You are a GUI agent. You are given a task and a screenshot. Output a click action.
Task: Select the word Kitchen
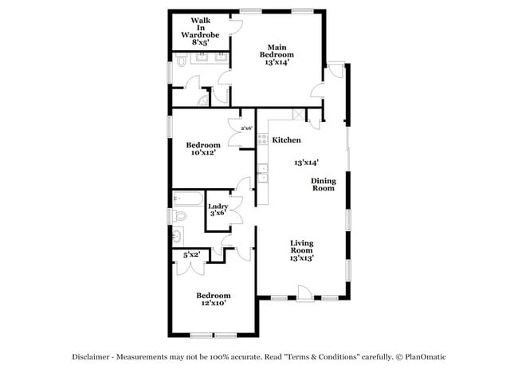286,140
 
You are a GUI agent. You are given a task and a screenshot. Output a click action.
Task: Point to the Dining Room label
323,184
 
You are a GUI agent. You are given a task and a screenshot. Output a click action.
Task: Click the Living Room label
301,249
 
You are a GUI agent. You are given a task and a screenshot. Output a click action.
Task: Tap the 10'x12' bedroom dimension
203,152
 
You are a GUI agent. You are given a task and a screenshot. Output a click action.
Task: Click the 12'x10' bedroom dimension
214,303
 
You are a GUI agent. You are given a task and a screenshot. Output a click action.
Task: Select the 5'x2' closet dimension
191,255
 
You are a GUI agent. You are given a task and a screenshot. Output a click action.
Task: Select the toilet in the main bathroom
180,61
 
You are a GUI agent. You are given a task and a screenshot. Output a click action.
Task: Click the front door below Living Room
304,298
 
